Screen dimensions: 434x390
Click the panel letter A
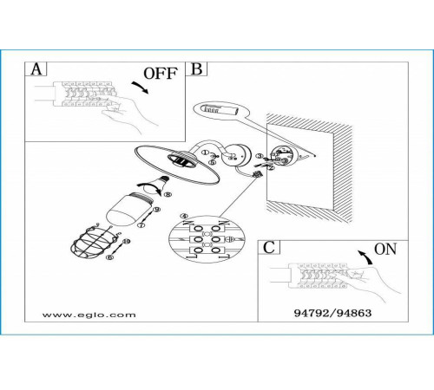(36, 69)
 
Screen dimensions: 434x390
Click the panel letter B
(197, 69)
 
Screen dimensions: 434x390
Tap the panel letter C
(269, 247)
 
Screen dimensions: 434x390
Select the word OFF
(161, 74)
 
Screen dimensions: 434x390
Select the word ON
(385, 249)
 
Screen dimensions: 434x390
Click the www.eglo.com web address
(89, 315)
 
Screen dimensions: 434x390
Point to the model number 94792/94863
(332, 313)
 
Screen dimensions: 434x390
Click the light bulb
(157, 185)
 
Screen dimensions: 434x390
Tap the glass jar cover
(129, 210)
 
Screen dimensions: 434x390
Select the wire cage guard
(95, 241)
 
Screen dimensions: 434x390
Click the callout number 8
(168, 194)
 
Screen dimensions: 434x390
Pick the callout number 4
(184, 216)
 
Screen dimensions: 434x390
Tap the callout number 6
(109, 257)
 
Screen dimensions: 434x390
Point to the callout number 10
(126, 241)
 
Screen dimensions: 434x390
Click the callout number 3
(260, 156)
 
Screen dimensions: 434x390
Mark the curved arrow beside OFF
(141, 87)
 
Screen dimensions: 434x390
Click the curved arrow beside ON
(365, 257)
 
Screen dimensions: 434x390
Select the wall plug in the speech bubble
(220, 110)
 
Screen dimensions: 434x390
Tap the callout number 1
(205, 153)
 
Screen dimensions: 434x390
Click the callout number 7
(141, 225)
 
